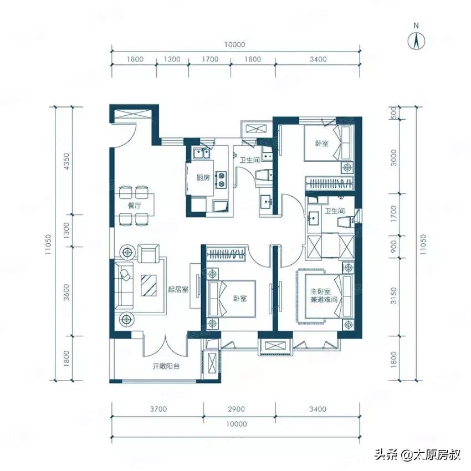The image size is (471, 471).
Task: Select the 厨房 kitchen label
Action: pyautogui.click(x=202, y=178)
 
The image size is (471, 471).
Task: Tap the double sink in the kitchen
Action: pyautogui.click(x=200, y=155)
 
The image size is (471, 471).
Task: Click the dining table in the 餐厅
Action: pyautogui.click(x=134, y=204)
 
